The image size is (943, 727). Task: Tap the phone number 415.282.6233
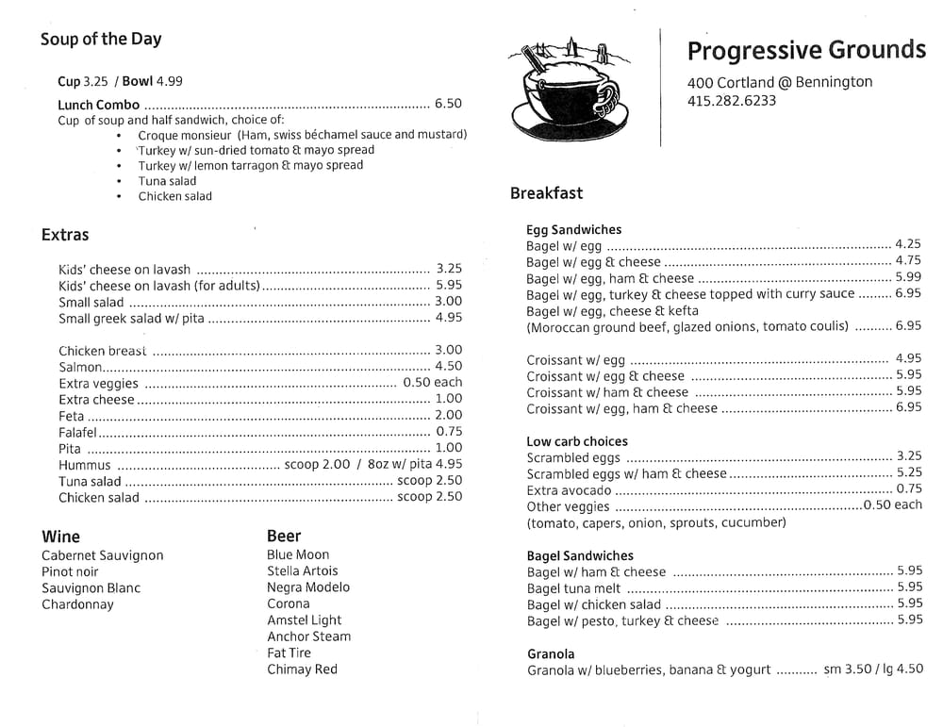pyautogui.click(x=732, y=101)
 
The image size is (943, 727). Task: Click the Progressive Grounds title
pyautogui.click(x=806, y=50)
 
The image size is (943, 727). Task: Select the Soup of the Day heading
pyautogui.click(x=101, y=40)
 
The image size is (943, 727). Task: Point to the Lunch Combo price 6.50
pyautogui.click(x=448, y=105)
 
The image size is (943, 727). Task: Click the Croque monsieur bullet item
pyautogui.click(x=302, y=135)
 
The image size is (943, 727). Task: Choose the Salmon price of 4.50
pyautogui.click(x=448, y=367)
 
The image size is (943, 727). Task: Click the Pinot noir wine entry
pyautogui.click(x=70, y=572)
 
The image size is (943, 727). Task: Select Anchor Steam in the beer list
pyautogui.click(x=308, y=636)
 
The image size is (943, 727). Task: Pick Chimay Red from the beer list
pyautogui.click(x=302, y=669)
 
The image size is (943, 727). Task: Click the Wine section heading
pyautogui.click(x=60, y=537)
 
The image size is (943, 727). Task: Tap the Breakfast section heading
pyautogui.click(x=546, y=193)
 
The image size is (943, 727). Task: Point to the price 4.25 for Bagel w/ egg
pyautogui.click(x=908, y=244)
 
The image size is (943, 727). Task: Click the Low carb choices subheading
pyautogui.click(x=576, y=441)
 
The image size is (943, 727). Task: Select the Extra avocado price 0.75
pyautogui.click(x=909, y=489)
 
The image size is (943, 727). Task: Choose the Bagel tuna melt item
pyautogui.click(x=573, y=588)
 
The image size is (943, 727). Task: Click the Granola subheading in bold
pyautogui.click(x=550, y=653)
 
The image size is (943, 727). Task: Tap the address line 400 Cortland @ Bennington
pyautogui.click(x=780, y=82)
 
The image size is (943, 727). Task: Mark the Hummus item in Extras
pyautogui.click(x=85, y=465)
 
